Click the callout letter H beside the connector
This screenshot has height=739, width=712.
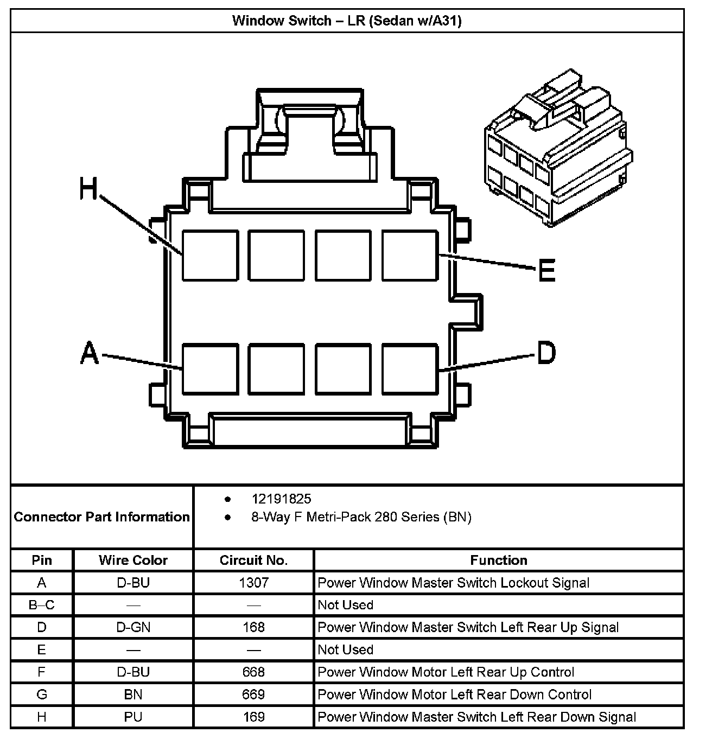(88, 189)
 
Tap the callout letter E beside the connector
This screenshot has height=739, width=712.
(546, 270)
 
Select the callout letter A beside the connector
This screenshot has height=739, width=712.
(90, 353)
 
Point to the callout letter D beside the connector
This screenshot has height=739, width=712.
(546, 353)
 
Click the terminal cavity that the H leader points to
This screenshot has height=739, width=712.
(210, 256)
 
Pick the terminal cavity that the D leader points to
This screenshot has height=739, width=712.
(410, 369)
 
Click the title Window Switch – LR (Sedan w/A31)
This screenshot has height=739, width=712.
(347, 21)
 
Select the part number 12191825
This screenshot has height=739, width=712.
(281, 499)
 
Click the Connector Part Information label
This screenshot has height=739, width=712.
(101, 517)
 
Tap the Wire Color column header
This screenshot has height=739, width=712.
(133, 560)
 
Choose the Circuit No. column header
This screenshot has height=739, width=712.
(253, 560)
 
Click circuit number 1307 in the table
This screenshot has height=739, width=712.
(253, 583)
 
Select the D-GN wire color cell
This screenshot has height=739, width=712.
(133, 627)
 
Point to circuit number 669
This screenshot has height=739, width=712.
(253, 695)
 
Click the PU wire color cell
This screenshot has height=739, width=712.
(133, 717)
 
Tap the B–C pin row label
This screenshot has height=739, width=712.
(42, 605)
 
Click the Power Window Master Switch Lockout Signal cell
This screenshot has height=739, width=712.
(453, 583)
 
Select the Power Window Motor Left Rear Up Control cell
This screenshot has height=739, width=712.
(446, 672)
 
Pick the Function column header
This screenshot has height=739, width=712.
(498, 560)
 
